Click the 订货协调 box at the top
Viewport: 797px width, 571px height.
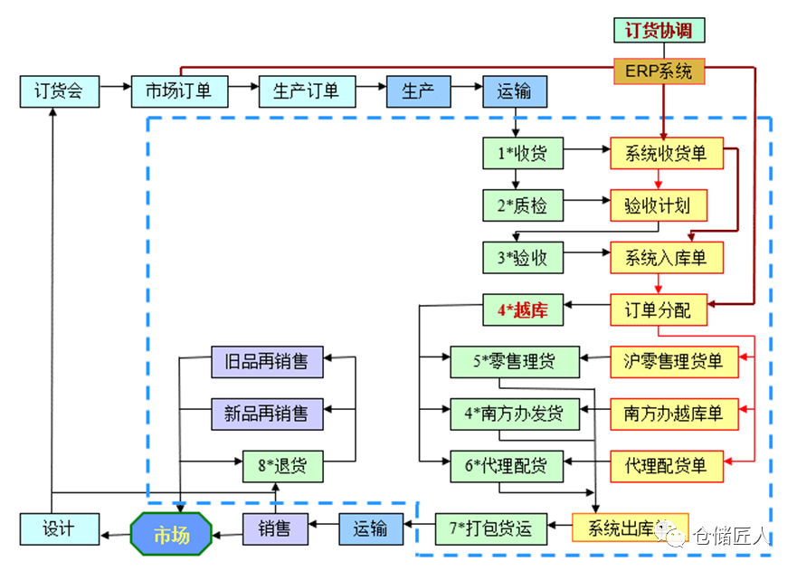659,30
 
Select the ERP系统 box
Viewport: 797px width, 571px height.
659,71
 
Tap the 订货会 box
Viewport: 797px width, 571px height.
59,90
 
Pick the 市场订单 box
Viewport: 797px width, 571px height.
179,90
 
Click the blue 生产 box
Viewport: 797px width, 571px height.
418,90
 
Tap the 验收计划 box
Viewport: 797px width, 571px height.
659,205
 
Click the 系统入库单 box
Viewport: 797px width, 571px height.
666,258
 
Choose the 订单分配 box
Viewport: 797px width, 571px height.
659,310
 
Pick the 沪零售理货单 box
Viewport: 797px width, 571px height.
674,362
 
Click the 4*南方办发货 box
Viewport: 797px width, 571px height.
515,414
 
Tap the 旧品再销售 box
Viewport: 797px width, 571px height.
266,362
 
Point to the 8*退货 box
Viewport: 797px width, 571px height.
282,466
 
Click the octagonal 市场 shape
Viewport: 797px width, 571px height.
172,534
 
